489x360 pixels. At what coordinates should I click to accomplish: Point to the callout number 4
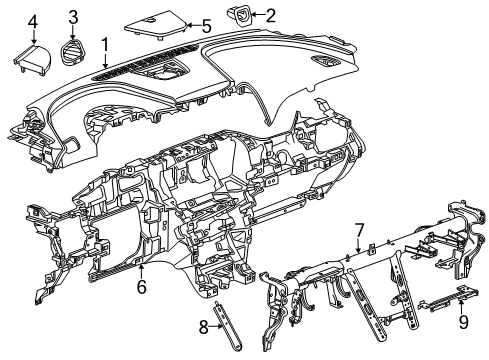pos(32,21)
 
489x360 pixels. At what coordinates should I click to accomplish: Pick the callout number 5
pos(206,25)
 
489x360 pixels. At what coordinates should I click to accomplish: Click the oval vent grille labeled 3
pos(73,49)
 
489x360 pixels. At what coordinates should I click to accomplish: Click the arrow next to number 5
pos(194,25)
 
